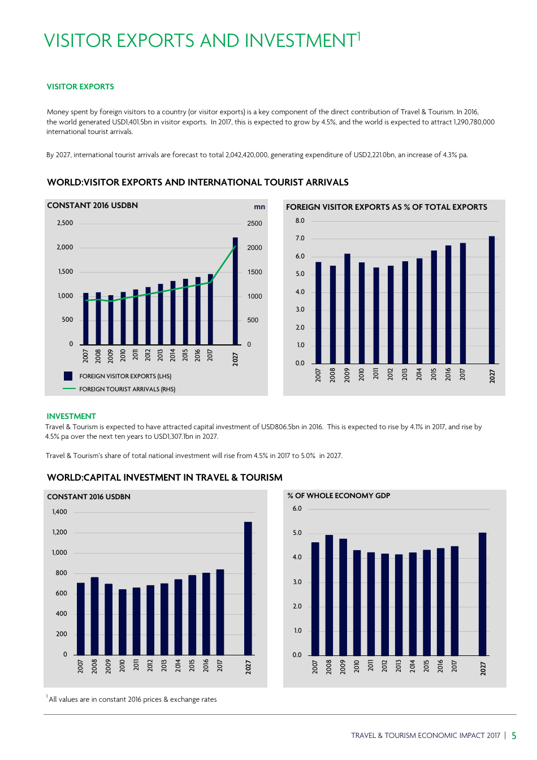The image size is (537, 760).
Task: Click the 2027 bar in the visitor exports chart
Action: [235, 291]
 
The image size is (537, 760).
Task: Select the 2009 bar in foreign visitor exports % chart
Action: [347, 309]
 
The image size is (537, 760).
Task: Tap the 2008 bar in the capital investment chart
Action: [94, 616]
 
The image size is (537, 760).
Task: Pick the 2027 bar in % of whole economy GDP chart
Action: [482, 594]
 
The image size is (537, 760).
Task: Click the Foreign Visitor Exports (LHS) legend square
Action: [68, 376]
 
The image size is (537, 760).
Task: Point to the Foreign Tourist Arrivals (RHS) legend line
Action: [69, 389]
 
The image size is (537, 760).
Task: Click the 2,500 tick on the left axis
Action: [65, 223]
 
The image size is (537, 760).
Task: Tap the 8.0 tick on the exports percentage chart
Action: [300, 221]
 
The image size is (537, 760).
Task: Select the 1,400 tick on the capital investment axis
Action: [59, 512]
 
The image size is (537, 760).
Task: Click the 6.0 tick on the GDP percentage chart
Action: [297, 508]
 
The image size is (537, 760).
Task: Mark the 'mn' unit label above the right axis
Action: [259, 207]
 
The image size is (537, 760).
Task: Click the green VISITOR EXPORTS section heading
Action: [80, 87]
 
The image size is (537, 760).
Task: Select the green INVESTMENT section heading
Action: [71, 416]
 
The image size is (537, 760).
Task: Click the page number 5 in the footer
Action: [514, 736]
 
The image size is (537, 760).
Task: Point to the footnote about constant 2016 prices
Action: [132, 699]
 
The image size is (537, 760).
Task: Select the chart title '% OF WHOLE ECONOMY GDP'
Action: [339, 496]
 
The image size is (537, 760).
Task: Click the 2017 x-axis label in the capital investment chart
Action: [220, 665]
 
